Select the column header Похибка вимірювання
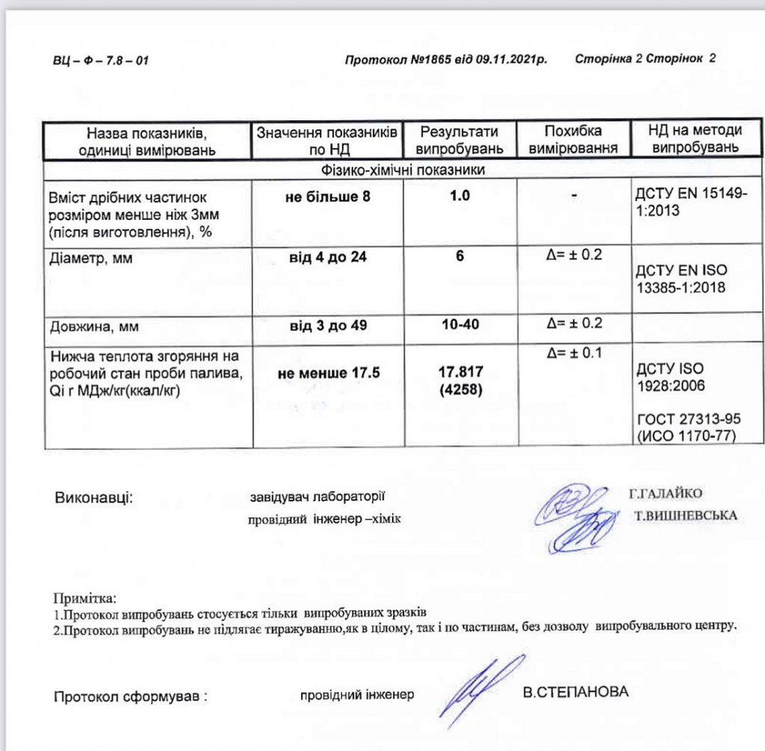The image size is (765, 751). coord(573,140)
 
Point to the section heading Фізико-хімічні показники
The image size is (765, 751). coord(403,170)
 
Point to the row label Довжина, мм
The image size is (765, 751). coord(94,327)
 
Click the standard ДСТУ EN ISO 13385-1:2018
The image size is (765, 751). coord(681,277)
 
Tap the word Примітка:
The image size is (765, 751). coord(84,599)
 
